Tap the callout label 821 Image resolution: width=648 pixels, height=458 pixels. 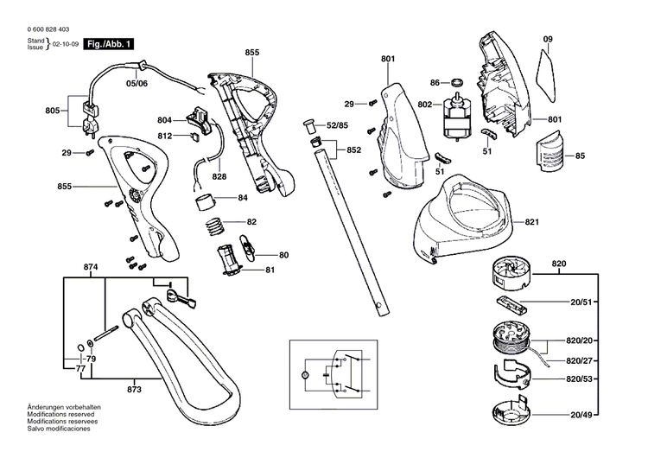pyautogui.click(x=532, y=222)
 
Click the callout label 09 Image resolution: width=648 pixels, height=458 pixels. pyautogui.click(x=547, y=40)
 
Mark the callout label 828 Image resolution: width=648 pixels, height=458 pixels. pyautogui.click(x=219, y=176)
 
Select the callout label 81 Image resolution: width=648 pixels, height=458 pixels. pyautogui.click(x=270, y=270)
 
